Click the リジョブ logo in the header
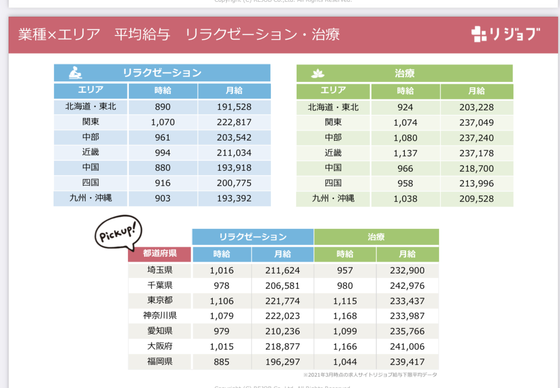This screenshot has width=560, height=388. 505,35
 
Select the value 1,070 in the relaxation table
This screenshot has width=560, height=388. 163,122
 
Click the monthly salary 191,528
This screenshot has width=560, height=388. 234,107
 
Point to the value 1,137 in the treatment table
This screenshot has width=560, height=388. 405,153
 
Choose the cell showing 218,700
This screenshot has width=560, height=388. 477,169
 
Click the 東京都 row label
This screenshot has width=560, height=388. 160,300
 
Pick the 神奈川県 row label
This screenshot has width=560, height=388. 160,315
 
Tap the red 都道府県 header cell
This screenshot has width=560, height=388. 160,254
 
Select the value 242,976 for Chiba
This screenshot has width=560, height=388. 407,286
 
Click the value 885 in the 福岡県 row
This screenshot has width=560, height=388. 222,361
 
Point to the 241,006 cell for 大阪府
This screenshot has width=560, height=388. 407,347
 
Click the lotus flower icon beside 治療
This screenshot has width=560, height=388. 318,74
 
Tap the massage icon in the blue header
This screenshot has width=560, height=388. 75,73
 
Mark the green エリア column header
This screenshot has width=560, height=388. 333,91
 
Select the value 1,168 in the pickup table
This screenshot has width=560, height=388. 345,316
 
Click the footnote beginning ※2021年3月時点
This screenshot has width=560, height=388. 370,375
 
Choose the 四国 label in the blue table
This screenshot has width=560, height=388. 91,183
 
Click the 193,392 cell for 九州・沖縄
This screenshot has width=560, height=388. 234,199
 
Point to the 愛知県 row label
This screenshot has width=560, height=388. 160,331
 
